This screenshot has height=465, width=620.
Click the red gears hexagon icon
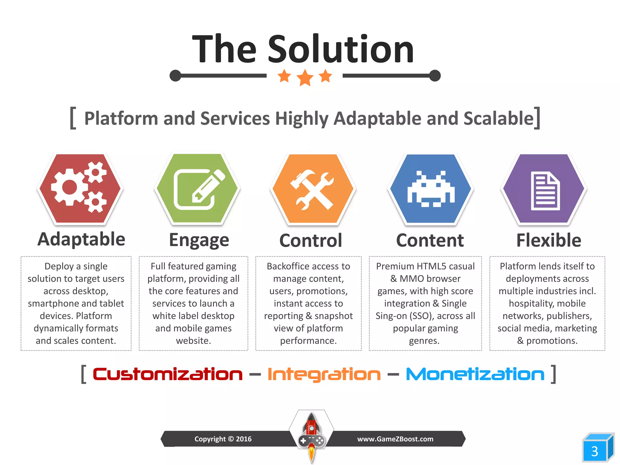(x=80, y=188)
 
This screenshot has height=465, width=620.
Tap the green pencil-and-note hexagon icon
(x=197, y=188)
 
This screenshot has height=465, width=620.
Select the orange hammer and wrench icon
(x=313, y=189)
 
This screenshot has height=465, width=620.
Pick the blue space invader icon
(x=430, y=189)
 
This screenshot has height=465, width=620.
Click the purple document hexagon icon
(x=544, y=189)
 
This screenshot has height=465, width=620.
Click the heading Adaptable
(x=81, y=239)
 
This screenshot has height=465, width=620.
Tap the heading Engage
(x=199, y=240)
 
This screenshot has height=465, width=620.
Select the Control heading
(x=311, y=240)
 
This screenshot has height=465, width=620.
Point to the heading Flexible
(x=549, y=240)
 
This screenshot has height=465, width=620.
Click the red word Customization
(x=167, y=374)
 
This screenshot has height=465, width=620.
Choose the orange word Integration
(x=324, y=375)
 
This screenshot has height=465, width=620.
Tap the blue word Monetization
(x=475, y=374)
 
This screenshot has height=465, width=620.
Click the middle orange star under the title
(x=305, y=77)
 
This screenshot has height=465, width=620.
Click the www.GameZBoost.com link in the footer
(x=395, y=439)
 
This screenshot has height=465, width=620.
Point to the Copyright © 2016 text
(x=223, y=439)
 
